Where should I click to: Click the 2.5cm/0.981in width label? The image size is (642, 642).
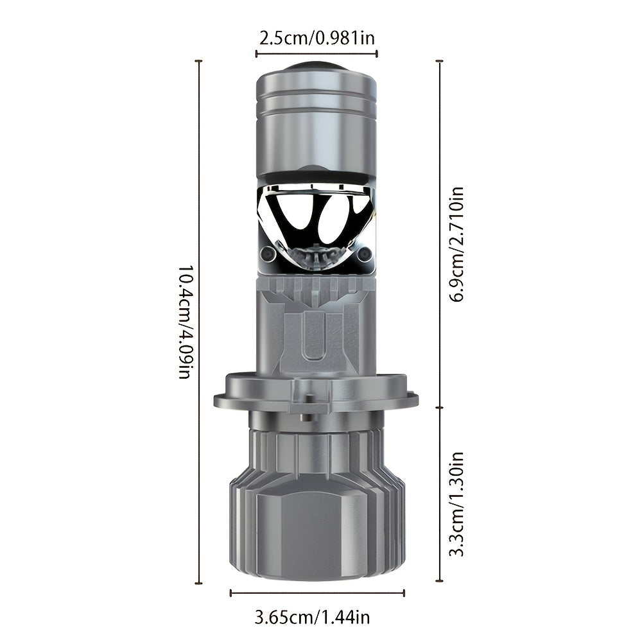(x=317, y=38)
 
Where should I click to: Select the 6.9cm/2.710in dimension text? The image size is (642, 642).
(x=456, y=245)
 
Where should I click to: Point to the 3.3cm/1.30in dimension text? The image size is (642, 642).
(x=456, y=504)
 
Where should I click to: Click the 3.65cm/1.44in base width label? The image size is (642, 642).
(x=312, y=617)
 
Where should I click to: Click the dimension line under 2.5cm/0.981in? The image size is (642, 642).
(x=317, y=53)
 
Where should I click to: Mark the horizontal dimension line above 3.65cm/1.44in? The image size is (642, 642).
(x=317, y=593)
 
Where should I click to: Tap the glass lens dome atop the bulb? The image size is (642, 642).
(x=316, y=67)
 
